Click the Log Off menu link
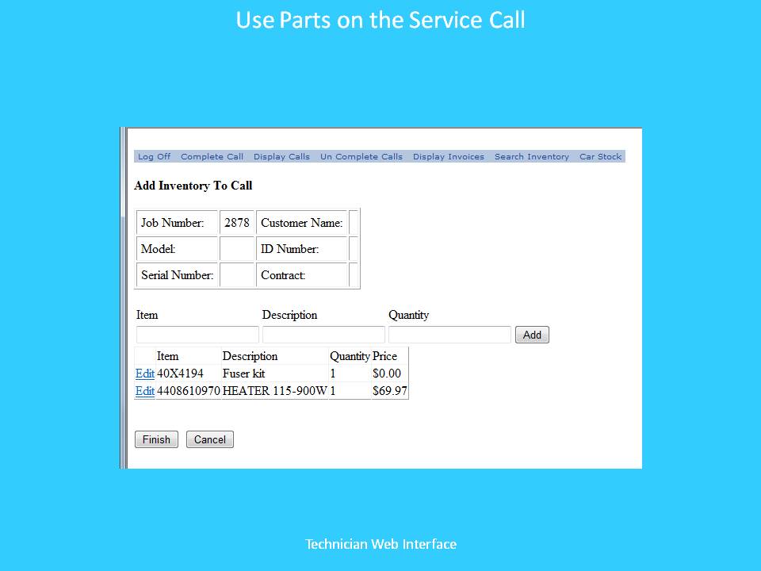(x=154, y=156)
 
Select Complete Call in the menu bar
(x=212, y=156)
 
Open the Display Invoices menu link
(x=449, y=156)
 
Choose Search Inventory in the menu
(x=531, y=156)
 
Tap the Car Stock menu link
(x=600, y=156)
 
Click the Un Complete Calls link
(x=361, y=156)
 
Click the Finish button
(x=156, y=439)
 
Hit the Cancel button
(x=209, y=439)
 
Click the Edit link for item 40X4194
(x=144, y=374)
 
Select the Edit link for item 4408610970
(x=144, y=391)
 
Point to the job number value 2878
(x=237, y=223)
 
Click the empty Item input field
(x=197, y=335)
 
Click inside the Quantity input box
(x=450, y=335)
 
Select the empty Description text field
(x=323, y=335)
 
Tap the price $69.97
(x=390, y=391)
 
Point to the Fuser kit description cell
(x=243, y=374)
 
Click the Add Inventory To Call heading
(x=193, y=186)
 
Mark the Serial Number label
(x=177, y=275)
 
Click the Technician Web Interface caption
(x=381, y=544)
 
